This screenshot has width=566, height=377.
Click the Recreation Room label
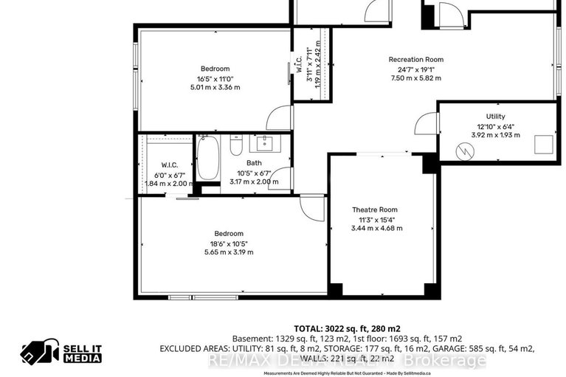416,59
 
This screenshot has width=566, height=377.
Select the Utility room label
495,117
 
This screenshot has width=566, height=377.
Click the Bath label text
254,163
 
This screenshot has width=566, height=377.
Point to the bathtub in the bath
207,159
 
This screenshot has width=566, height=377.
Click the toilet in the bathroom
236,147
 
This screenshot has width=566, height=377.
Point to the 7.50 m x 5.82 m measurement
416,78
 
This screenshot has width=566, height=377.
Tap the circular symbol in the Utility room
464,151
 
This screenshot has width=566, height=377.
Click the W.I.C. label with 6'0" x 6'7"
166,165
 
